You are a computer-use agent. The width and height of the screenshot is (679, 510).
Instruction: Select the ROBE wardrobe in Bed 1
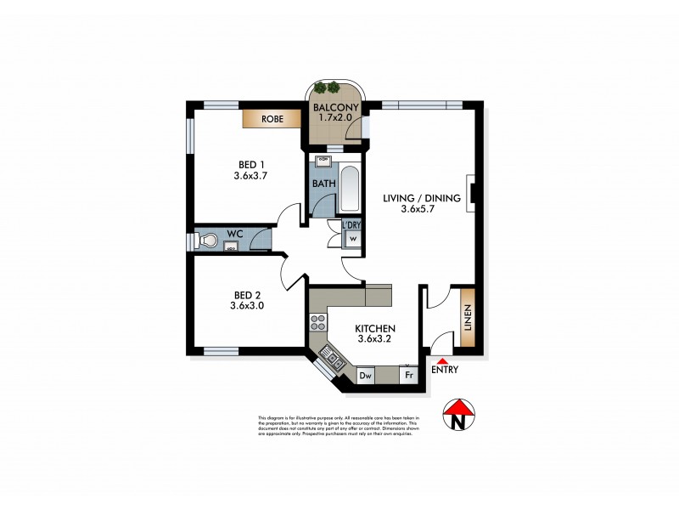[272, 119]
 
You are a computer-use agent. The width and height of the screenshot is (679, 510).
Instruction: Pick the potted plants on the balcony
[326, 88]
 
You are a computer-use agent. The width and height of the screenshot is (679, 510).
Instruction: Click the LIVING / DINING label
[421, 199]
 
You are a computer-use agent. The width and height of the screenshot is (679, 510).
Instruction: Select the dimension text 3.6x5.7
[421, 212]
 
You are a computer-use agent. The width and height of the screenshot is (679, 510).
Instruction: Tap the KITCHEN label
[375, 328]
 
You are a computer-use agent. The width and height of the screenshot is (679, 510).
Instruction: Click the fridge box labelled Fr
[408, 375]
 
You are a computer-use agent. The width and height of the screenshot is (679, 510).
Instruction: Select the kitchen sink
[331, 360]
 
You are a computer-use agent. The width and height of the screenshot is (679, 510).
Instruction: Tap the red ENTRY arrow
[441, 361]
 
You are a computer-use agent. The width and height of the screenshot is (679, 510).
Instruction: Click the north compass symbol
[459, 416]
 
